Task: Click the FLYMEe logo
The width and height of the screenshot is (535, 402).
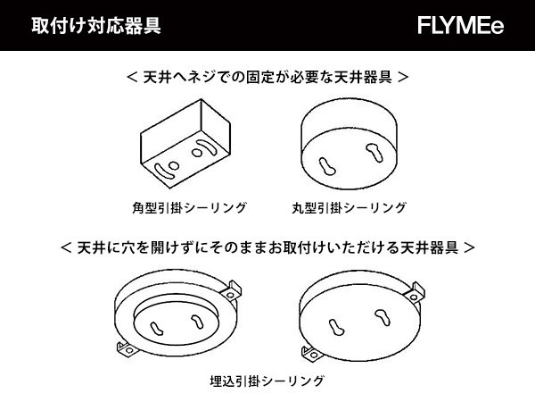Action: click(460, 25)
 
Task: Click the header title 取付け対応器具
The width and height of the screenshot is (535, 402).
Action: click(96, 25)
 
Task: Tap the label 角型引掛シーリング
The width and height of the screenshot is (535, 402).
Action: click(189, 208)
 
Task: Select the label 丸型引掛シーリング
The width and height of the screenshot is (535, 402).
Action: click(349, 208)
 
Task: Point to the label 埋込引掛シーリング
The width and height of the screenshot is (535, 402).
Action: click(267, 381)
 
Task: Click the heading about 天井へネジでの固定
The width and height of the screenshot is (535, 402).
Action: click(267, 77)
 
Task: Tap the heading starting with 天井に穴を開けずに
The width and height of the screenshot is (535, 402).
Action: click(267, 247)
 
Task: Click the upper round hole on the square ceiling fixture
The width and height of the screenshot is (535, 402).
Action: click(197, 152)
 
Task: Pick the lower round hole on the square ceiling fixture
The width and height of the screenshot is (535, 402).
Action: click(173, 166)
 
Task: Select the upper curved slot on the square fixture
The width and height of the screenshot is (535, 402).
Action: click(209, 147)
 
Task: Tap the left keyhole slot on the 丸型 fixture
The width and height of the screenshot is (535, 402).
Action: click(327, 166)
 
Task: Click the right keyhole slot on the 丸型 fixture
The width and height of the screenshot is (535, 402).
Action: click(374, 153)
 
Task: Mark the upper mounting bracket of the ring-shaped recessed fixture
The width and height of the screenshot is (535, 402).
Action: click(231, 291)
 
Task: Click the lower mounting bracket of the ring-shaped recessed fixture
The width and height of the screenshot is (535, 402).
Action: click(127, 349)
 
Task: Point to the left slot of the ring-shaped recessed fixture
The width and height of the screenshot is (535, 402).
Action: click(156, 329)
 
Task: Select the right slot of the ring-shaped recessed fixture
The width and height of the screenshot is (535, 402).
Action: click(197, 322)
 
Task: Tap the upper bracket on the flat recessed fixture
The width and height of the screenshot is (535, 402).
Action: click(415, 293)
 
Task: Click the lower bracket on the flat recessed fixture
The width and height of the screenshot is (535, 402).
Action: click(311, 354)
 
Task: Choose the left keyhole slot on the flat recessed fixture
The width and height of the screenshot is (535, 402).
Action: click(336, 327)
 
